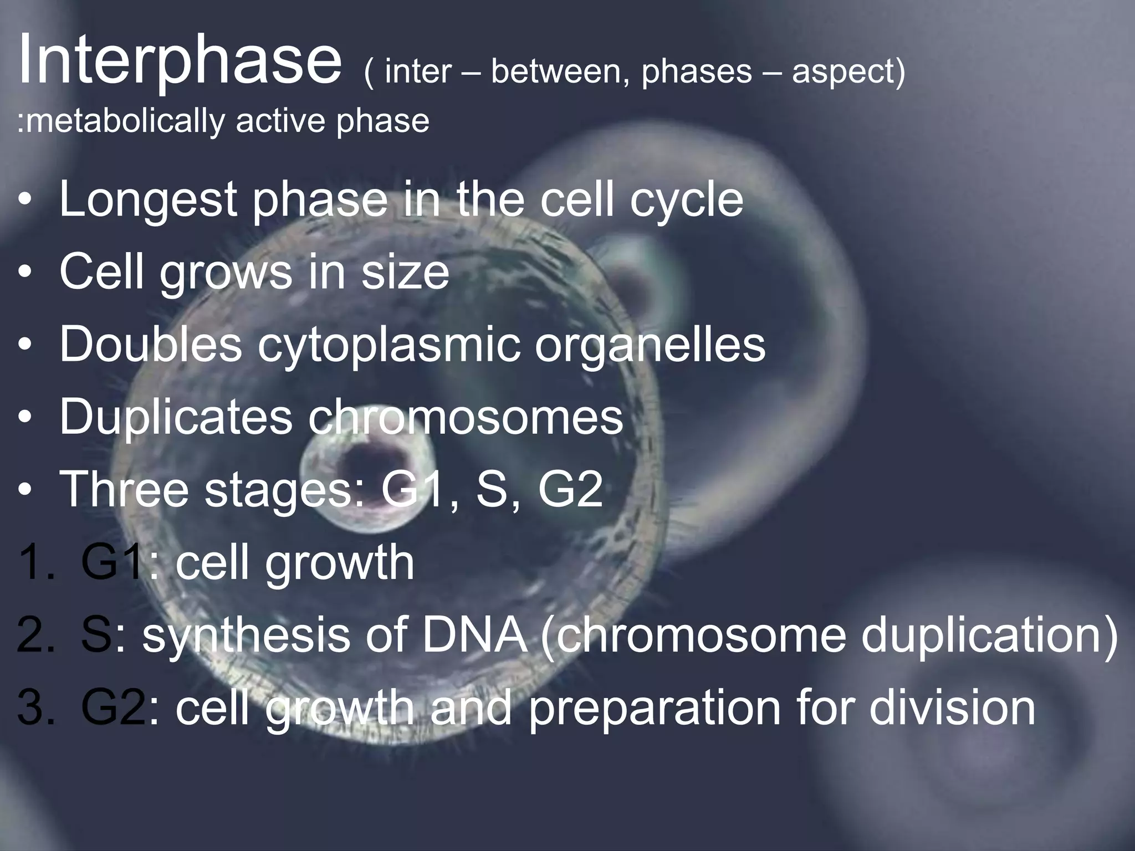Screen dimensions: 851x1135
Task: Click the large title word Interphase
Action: point(180,61)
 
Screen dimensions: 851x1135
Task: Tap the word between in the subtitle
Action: point(560,72)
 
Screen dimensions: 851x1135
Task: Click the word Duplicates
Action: point(175,417)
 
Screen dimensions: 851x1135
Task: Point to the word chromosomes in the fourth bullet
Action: point(466,417)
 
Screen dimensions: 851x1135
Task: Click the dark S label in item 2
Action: point(98,635)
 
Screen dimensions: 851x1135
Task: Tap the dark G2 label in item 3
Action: point(113,708)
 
